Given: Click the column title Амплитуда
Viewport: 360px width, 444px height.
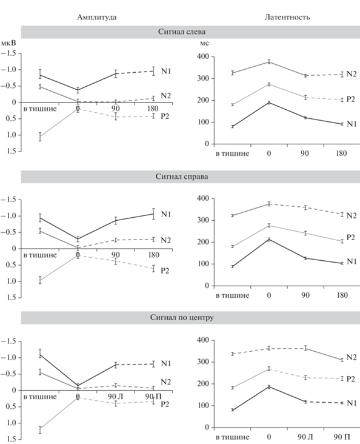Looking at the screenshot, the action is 96,17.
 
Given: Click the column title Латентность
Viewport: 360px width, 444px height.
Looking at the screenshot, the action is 287,17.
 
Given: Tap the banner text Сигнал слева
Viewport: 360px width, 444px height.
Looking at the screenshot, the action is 182,32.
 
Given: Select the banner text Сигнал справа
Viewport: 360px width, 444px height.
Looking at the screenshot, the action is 182,177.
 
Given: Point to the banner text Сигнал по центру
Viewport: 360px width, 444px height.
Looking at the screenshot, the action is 182,317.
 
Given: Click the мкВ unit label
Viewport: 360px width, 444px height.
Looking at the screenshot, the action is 8,43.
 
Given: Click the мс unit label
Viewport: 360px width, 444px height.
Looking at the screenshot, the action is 204,44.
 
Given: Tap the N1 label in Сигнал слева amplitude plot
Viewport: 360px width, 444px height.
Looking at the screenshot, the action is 166,71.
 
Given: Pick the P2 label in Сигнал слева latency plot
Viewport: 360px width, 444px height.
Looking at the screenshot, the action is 351,99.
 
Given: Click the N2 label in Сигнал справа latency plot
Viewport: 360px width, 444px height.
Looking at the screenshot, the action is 352,215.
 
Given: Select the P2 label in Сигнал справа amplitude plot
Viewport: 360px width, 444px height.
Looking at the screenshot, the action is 165,271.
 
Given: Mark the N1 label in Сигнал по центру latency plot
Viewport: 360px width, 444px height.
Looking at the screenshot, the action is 352,403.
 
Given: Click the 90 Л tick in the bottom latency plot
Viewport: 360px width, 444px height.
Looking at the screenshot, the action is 305,437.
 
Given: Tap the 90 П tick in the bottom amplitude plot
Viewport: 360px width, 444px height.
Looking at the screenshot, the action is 153,397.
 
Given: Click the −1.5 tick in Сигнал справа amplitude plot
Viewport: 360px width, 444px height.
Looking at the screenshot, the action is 8,200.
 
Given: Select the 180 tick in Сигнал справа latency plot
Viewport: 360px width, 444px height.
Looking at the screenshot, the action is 342,295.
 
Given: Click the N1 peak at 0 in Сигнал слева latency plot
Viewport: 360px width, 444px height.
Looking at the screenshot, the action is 269,103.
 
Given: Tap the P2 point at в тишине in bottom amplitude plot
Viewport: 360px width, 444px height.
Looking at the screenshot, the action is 40,430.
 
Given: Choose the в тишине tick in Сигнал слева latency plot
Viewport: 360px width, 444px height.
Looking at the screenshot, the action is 233,153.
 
